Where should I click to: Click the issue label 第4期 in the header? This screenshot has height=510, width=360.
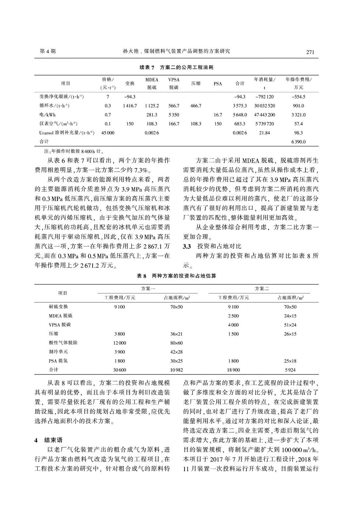(47, 51)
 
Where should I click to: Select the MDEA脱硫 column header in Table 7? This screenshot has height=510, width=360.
(152, 83)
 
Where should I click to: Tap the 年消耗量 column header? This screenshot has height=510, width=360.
(264, 83)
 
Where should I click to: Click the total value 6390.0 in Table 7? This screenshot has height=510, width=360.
(298, 142)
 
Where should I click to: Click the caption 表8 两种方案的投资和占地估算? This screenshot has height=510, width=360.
(176, 276)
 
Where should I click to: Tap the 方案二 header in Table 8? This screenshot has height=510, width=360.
(261, 289)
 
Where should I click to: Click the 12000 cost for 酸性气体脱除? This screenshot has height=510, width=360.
(119, 343)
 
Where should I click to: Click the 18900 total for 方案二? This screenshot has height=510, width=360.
(233, 370)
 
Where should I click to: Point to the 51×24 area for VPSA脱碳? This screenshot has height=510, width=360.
(290, 325)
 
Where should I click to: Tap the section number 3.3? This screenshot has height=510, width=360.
(187, 246)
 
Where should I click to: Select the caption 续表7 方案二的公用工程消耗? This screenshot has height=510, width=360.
(176, 67)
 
